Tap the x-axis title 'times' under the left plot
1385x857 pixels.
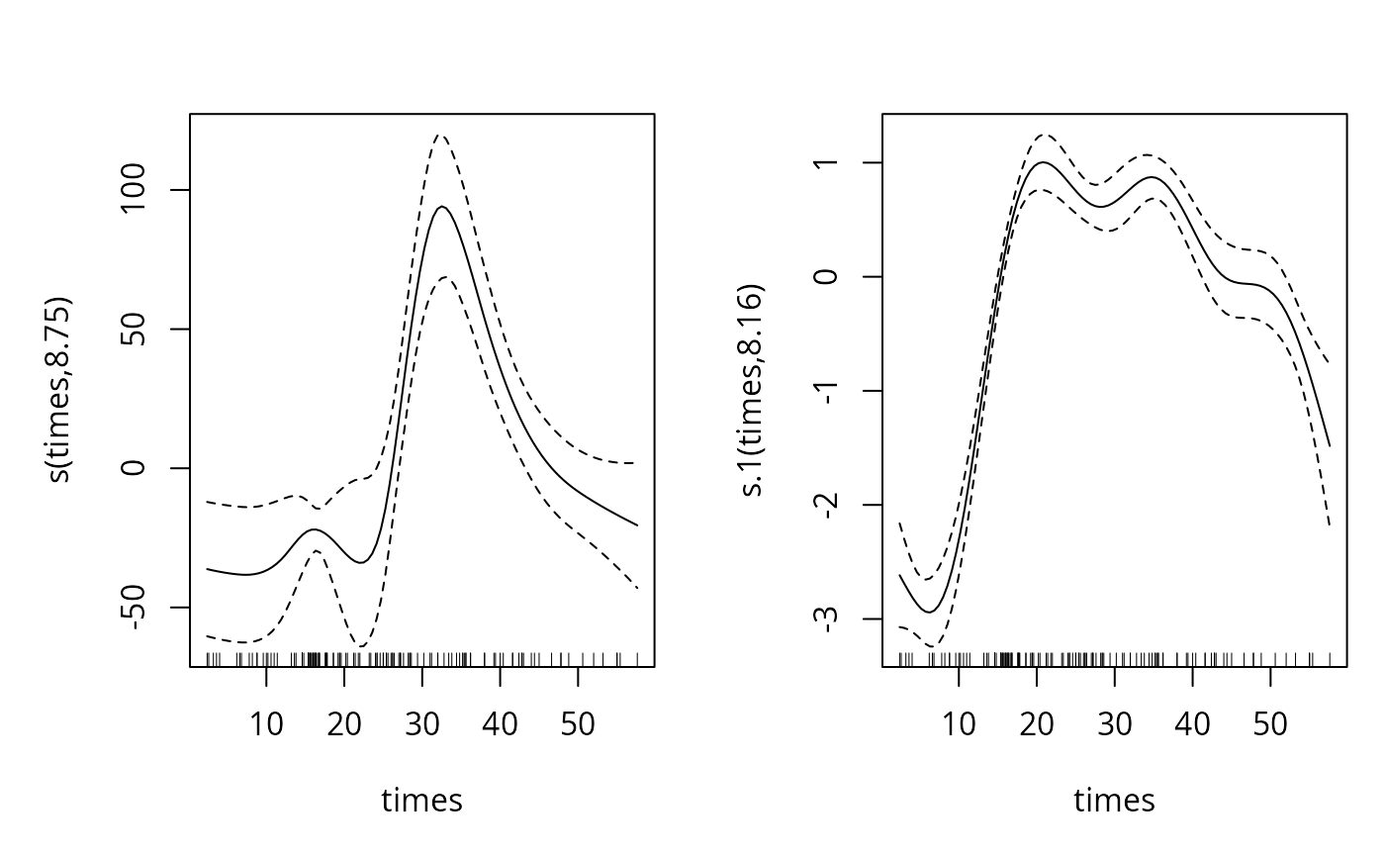coord(421,800)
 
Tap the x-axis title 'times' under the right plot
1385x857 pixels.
coord(1114,800)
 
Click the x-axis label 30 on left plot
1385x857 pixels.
coord(421,724)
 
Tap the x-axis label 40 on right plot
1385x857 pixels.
coord(1192,724)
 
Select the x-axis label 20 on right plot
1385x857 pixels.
coord(1036,724)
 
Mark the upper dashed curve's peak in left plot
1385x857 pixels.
coord(439,135)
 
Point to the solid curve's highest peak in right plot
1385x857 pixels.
coord(1042,162)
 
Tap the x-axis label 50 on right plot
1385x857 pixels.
coord(1270,724)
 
